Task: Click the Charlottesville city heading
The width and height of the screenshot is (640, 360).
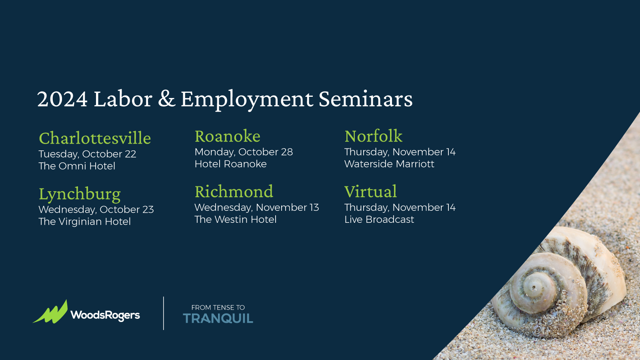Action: tap(95, 138)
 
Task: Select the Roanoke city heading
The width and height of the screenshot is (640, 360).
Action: tap(228, 136)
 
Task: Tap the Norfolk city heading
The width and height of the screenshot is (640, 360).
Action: tap(374, 136)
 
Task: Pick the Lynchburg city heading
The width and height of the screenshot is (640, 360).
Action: tap(80, 194)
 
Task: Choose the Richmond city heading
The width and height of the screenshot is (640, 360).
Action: tap(234, 192)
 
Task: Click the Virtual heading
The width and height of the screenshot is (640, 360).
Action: tap(370, 192)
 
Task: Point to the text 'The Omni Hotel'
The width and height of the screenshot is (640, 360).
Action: tap(77, 166)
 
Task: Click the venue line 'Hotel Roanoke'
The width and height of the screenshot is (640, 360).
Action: tap(230, 164)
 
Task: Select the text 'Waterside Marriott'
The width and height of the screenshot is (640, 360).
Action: tap(389, 164)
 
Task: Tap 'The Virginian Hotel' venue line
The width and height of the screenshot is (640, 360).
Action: tap(84, 222)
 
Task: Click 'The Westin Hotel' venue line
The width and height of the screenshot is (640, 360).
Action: tap(236, 220)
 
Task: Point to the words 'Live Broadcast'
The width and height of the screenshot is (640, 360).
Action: tap(379, 220)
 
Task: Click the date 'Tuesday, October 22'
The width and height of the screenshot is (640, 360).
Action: tap(88, 154)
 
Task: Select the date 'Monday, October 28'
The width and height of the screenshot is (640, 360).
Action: tap(244, 152)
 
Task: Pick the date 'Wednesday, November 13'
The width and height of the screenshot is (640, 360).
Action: tap(256, 208)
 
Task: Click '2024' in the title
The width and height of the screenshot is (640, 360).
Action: tap(62, 99)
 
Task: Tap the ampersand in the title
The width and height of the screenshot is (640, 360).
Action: tap(166, 99)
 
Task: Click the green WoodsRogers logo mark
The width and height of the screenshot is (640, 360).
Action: tap(50, 312)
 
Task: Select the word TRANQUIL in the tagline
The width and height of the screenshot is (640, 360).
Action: tap(218, 318)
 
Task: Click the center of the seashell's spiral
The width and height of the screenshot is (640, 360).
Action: tap(534, 286)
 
